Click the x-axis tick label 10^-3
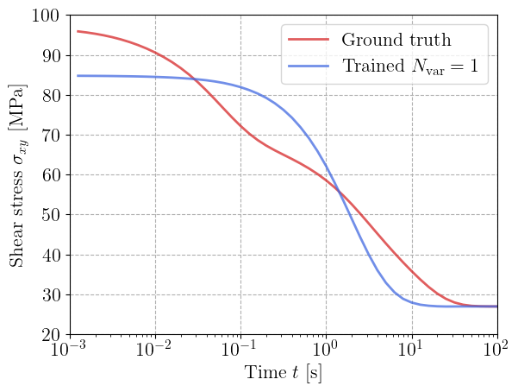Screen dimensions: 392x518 coord(70,351)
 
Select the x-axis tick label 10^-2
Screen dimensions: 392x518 coord(155,351)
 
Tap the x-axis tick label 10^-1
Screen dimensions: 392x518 coord(240,351)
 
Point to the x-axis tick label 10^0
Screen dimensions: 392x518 coord(326,351)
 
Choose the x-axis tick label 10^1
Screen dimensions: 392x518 coord(412,351)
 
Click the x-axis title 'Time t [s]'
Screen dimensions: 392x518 coord(284,375)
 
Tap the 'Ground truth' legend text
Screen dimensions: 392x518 coord(396,40)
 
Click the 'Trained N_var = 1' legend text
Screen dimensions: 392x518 coord(409,66)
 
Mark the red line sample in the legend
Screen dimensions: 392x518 coord(309,40)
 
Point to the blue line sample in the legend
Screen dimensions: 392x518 coord(309,66)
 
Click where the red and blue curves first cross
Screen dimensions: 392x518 coord(197,80)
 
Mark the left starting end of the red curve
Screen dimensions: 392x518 coord(78,31)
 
